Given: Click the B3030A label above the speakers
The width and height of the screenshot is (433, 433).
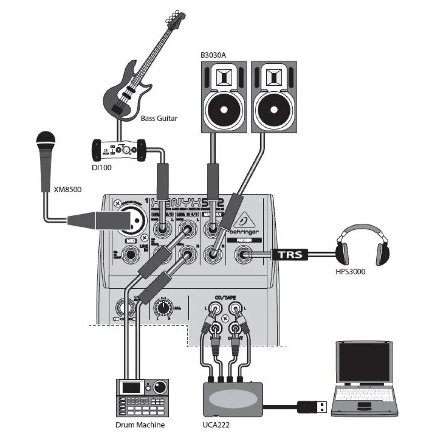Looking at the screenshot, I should click(213, 55).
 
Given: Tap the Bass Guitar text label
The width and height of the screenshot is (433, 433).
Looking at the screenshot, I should click(159, 118).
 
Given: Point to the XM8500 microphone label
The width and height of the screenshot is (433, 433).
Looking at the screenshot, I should click(68, 189).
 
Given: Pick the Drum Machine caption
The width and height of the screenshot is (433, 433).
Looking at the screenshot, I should click(140, 425).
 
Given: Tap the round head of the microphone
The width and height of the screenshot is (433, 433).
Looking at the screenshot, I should click(46, 139).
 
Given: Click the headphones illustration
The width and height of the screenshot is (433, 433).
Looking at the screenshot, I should click(363, 245).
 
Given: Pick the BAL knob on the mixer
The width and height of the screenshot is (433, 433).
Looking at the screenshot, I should click(163, 308).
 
